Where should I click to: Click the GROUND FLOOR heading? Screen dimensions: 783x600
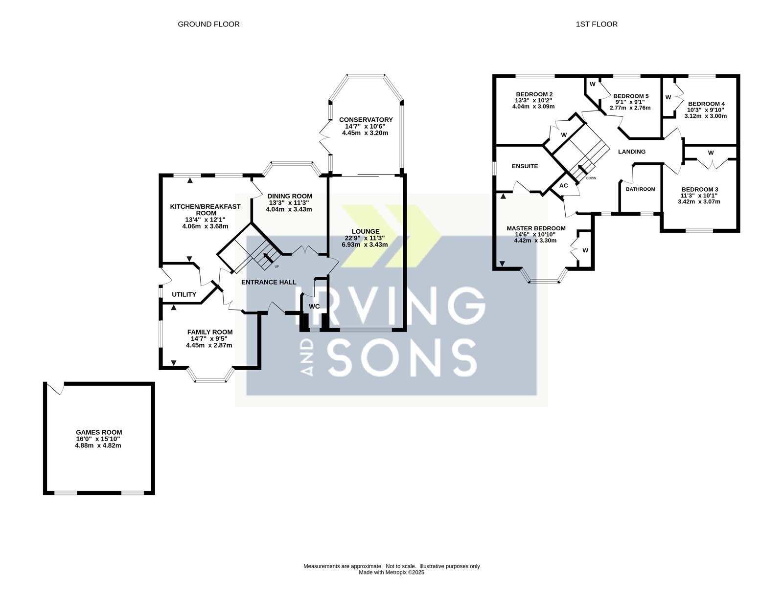208,24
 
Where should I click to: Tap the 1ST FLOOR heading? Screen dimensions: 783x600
597,24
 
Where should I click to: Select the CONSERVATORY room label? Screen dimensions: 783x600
366,119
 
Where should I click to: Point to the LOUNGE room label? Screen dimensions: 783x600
366,231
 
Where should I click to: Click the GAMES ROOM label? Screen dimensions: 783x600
99,432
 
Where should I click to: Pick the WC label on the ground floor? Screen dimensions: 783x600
314,306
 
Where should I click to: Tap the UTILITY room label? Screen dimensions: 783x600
184,294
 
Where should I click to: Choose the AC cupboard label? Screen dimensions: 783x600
564,185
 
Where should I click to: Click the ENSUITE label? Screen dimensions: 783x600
525,166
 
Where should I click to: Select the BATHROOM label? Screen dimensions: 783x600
640,189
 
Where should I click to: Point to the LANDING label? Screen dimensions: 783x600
632,152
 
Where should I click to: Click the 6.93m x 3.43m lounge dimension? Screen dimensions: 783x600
365,245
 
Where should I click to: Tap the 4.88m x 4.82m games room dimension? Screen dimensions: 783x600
98,445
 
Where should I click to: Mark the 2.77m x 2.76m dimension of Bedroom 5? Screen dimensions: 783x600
630,108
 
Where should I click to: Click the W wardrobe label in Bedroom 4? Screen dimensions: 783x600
668,97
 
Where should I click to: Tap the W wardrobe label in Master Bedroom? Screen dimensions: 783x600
585,250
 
